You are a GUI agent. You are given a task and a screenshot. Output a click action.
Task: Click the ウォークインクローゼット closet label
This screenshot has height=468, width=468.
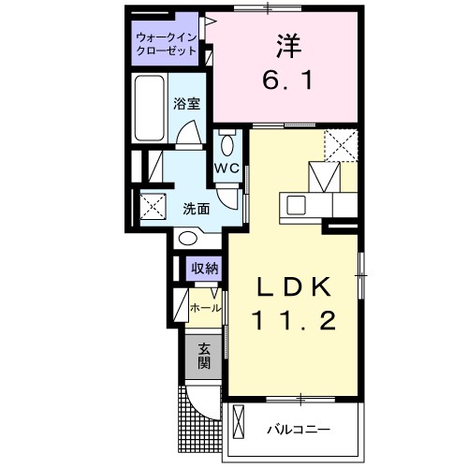point(165,44)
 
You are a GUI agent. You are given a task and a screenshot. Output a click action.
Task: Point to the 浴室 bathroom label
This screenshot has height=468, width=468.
point(186,105)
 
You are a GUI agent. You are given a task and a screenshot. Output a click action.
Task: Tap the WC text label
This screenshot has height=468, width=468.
point(227,168)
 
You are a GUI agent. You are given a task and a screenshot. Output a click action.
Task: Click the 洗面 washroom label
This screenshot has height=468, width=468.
point(195,208)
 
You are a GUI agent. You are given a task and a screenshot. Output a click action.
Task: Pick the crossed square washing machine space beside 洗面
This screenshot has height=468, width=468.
point(152,205)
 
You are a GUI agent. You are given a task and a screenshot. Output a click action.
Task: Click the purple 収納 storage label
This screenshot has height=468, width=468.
point(205,270)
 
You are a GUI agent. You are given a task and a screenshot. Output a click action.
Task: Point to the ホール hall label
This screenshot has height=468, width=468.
point(205,307)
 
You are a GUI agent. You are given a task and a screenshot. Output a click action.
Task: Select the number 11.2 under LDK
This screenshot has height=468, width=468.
point(294,321)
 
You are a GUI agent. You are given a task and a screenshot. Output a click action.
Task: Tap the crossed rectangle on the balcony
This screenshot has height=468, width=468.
point(238,425)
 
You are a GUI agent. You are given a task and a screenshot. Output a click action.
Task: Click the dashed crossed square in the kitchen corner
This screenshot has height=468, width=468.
point(342,144)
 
